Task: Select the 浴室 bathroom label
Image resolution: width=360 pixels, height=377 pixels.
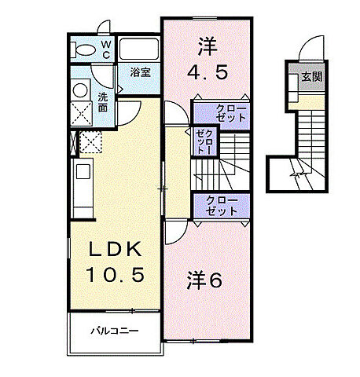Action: coord(141,71)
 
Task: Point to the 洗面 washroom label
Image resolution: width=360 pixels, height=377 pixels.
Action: coord(103,103)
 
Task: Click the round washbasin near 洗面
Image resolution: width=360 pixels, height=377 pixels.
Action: coord(80,90)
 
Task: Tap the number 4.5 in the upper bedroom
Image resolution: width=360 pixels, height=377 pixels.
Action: coord(208,72)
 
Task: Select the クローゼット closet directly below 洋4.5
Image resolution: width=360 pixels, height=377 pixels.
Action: coord(221,112)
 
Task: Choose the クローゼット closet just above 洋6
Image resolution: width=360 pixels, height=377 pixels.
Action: coord(221,206)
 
